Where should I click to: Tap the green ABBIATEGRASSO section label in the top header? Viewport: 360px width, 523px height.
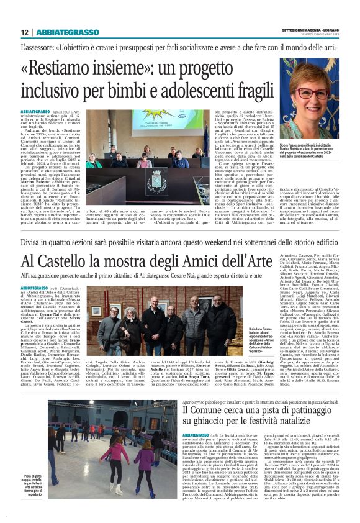[x=67, y=32]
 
